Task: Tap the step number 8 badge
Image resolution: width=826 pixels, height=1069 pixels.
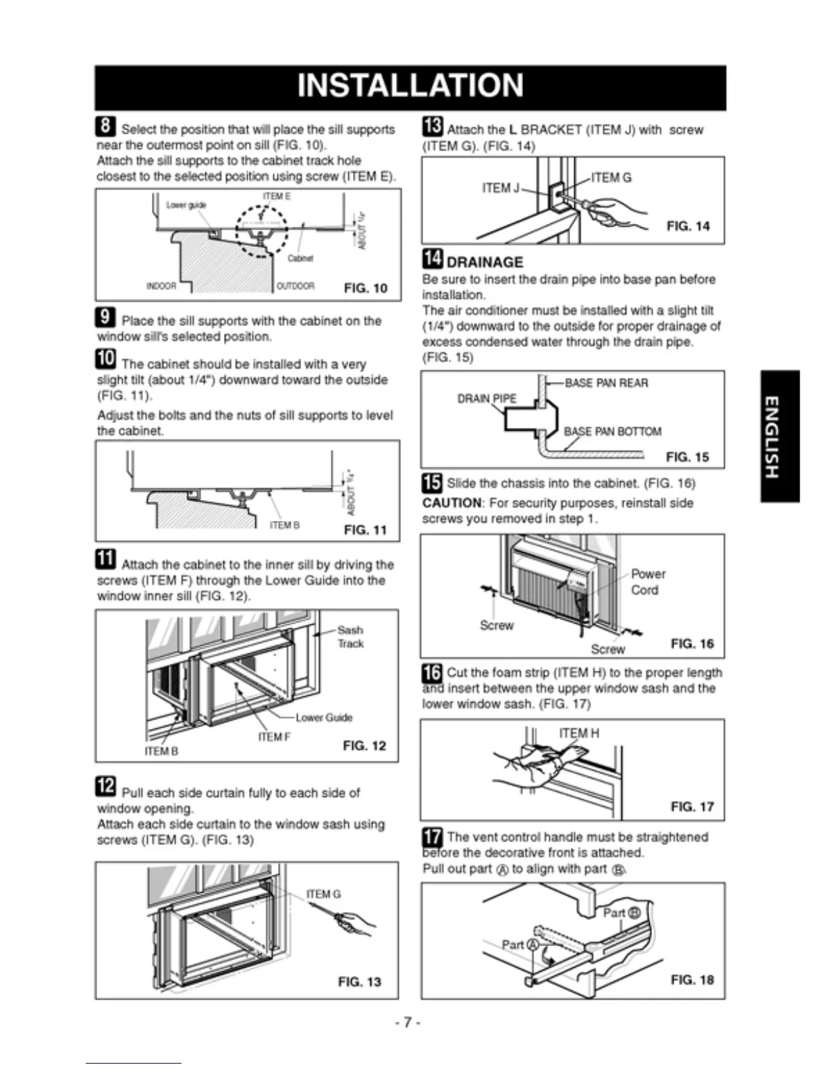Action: click(x=106, y=126)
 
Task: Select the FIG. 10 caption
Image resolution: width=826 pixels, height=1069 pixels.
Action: click(x=365, y=288)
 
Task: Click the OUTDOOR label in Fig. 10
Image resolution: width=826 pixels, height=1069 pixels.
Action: click(x=296, y=286)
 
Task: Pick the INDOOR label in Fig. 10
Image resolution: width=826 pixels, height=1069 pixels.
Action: click(x=161, y=286)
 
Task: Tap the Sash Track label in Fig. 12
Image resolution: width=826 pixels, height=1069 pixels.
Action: click(x=350, y=636)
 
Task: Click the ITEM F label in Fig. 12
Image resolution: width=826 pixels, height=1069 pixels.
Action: click(x=274, y=737)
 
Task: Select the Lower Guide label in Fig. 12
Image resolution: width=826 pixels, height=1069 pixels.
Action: click(x=324, y=717)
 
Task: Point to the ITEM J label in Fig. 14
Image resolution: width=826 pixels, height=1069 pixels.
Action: click(x=501, y=188)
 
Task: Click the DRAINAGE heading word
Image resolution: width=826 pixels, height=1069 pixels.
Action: click(x=485, y=263)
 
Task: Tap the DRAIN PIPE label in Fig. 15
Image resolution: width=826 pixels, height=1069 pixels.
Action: click(x=487, y=399)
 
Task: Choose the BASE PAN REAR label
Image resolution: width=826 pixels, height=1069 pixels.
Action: click(x=606, y=383)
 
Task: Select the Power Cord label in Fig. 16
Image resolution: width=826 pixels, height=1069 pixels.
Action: click(x=647, y=582)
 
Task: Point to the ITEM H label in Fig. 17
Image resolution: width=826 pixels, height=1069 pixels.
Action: click(x=578, y=734)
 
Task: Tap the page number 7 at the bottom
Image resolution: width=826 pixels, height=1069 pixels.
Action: click(x=408, y=1022)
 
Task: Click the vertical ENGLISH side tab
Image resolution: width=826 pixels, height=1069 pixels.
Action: click(x=779, y=436)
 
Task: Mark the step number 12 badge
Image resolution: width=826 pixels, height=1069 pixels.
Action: click(x=106, y=787)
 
